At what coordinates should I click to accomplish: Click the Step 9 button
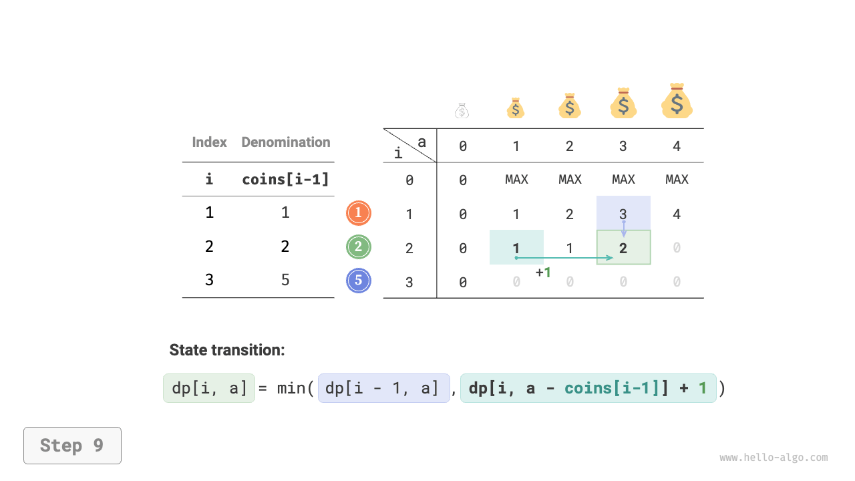tap(72, 446)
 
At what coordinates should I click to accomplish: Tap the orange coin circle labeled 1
tap(358, 213)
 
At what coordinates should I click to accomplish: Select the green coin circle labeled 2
tap(358, 247)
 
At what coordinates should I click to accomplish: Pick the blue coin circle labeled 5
tap(358, 281)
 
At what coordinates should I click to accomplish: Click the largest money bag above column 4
tap(677, 102)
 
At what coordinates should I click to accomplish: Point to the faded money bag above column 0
tap(462, 111)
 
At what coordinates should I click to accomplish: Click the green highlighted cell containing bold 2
tap(623, 248)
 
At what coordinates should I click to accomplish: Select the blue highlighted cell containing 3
tap(623, 213)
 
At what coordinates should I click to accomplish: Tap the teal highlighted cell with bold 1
tap(516, 247)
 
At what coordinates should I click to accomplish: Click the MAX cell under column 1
tap(516, 180)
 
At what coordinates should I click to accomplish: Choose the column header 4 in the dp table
tap(677, 146)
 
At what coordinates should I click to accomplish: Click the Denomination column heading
tap(285, 142)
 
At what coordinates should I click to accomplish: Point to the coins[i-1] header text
tap(285, 180)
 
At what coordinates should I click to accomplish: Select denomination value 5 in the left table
tap(285, 280)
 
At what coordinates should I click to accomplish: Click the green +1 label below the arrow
tap(544, 273)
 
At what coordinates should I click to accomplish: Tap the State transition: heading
tap(227, 350)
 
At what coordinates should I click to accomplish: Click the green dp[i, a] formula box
tap(209, 388)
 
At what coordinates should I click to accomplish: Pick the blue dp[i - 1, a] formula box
tap(383, 388)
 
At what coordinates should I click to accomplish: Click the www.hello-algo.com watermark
tap(774, 458)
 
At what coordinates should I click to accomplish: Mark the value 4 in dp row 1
tap(677, 214)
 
